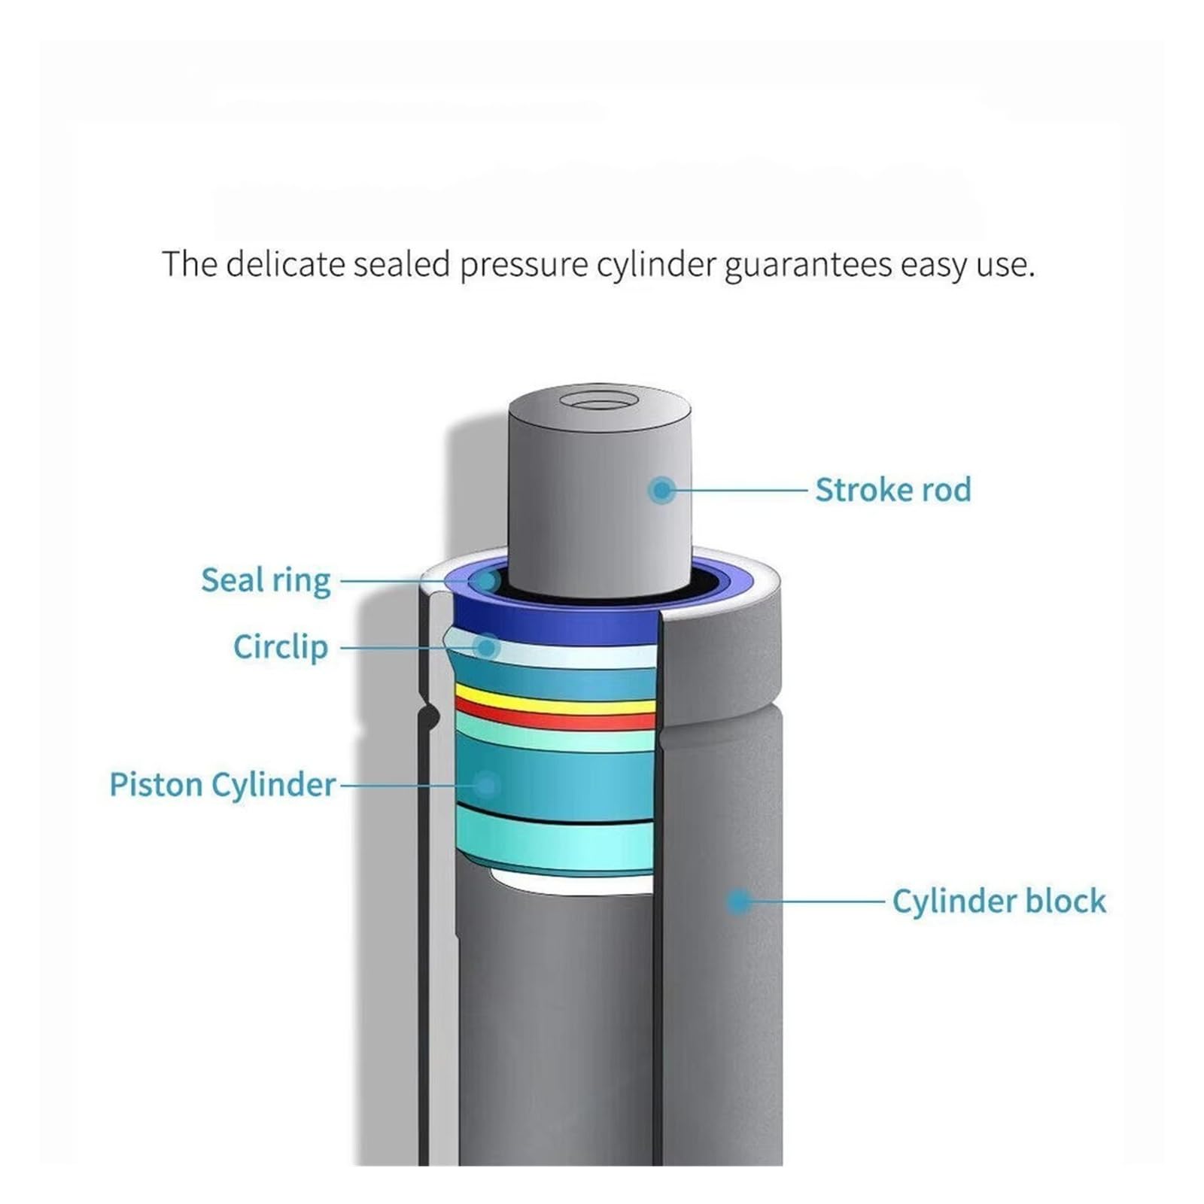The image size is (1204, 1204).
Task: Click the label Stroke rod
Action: [893, 490]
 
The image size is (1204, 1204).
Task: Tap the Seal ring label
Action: [266, 581]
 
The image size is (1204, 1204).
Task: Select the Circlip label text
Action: [281, 647]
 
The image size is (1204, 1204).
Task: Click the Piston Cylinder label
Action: [223, 785]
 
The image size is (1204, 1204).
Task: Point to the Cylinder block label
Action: [999, 901]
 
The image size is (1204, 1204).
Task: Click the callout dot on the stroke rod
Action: [661, 491]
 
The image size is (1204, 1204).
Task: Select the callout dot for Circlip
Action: [488, 647]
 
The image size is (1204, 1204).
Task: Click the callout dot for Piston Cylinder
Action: [487, 786]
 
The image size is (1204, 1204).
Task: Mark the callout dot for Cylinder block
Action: [739, 901]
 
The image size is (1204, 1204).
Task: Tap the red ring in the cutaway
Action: [555, 715]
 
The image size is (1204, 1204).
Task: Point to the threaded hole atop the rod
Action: [600, 399]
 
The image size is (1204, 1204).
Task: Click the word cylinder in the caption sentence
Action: [656, 266]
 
